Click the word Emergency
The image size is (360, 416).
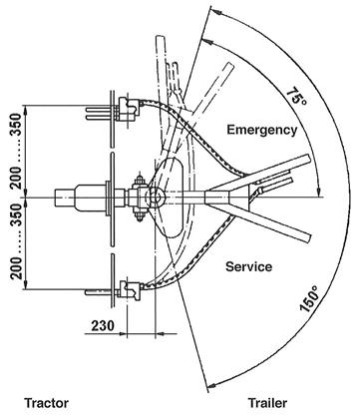point(262,130)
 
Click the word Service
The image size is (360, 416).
point(248,266)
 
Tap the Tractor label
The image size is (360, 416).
point(47,403)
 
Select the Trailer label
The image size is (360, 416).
point(267,403)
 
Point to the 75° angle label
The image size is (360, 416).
point(296,97)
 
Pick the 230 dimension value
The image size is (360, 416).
point(103,326)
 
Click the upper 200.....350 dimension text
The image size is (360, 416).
point(16,152)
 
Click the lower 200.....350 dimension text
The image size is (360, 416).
point(16,241)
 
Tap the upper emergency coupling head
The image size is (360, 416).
point(130,108)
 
